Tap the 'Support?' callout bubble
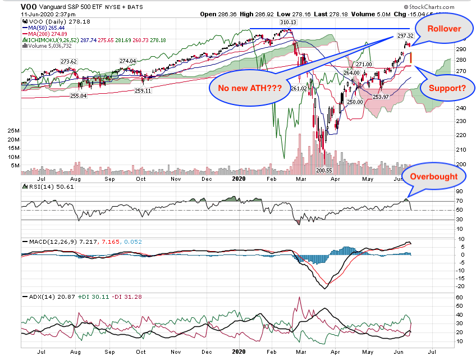point(446,88)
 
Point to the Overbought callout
point(437,176)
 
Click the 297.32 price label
point(405,35)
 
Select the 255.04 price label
point(78,95)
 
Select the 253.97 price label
point(381,97)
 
